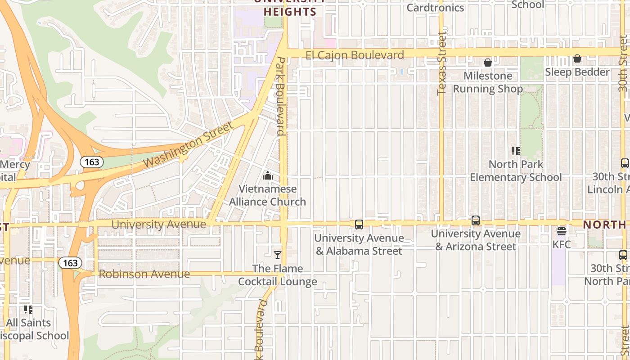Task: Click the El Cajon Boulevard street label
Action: [x=355, y=55]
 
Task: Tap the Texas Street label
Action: [x=441, y=63]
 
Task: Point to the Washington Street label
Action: [x=189, y=144]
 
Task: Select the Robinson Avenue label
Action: [x=144, y=274]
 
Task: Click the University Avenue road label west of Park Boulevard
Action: [x=158, y=224]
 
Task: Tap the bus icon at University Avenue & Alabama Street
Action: [x=359, y=224]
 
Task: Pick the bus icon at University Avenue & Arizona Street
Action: [x=476, y=220]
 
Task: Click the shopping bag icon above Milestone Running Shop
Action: [x=488, y=63]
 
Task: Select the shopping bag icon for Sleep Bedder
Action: [x=577, y=59]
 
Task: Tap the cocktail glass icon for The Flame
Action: [x=278, y=255]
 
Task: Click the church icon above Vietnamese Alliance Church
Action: [x=268, y=175]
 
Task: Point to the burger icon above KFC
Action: [x=561, y=231]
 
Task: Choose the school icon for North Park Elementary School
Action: [x=516, y=151]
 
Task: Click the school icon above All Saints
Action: [x=28, y=309]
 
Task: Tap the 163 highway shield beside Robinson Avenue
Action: [x=70, y=262]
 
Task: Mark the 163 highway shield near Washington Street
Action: [x=92, y=162]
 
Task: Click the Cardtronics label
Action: [x=435, y=8]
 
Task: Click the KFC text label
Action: [x=562, y=244]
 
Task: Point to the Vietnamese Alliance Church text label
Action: [x=268, y=195]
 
